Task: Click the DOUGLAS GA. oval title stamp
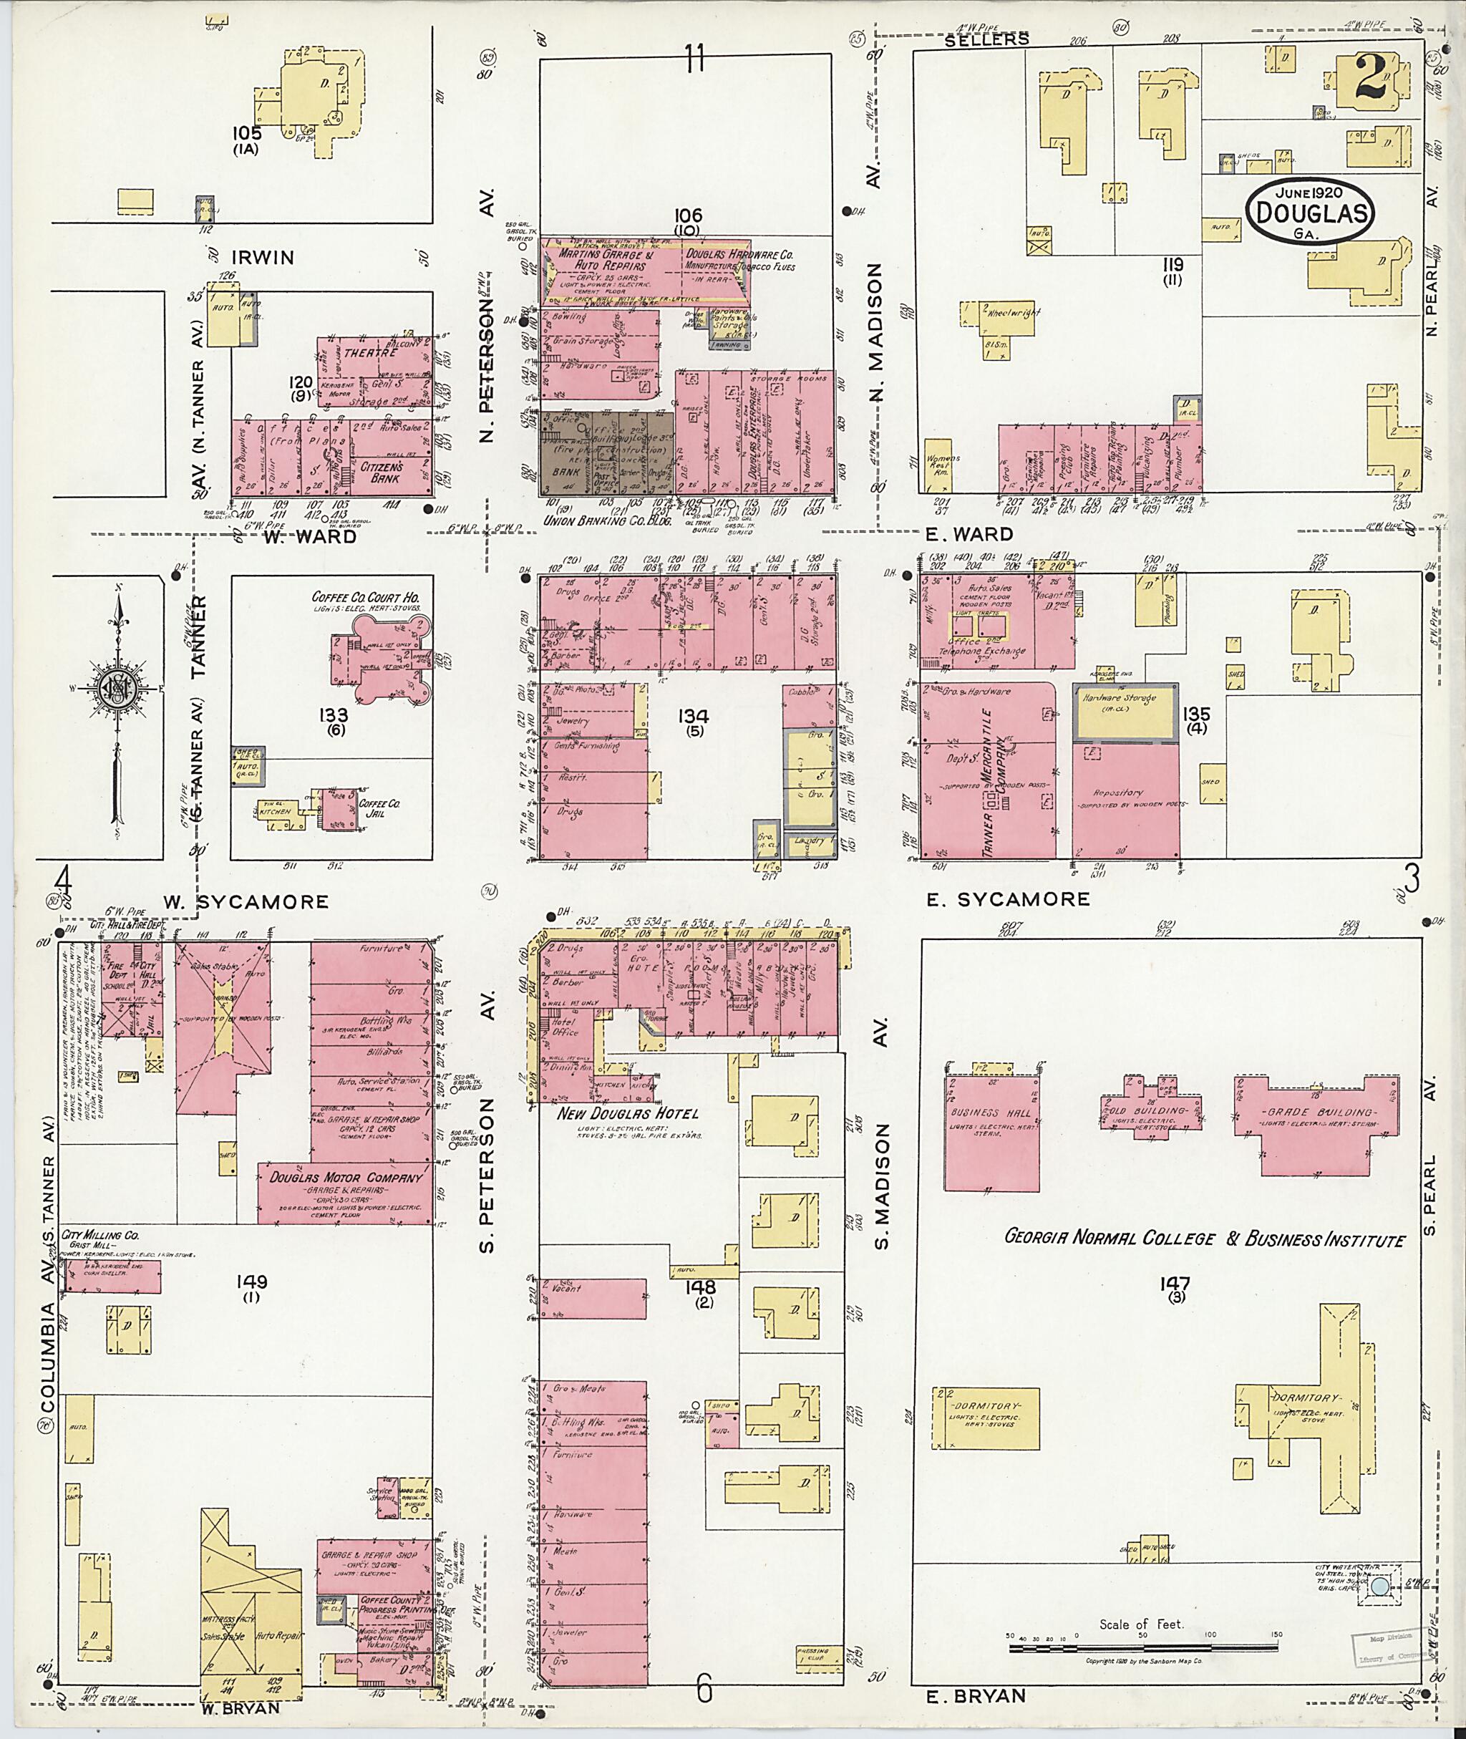coord(1308,213)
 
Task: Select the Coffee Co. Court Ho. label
coord(365,597)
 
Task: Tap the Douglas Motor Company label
coord(346,1177)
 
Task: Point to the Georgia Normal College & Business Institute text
coord(1204,1239)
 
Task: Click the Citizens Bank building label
coord(382,473)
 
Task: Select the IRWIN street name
coord(263,258)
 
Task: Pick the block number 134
coord(691,716)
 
